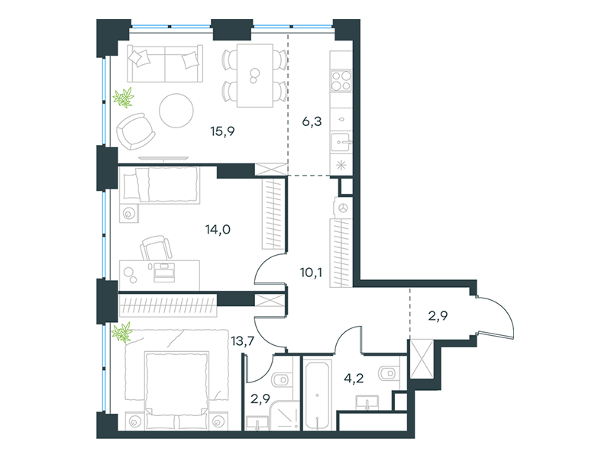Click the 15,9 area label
(222, 131)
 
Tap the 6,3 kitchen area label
(312, 121)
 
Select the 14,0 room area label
(218, 230)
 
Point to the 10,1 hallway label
(311, 273)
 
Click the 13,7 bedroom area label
(242, 341)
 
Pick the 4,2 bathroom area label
(354, 378)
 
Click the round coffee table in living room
(176, 111)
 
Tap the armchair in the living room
(136, 131)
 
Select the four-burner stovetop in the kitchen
(341, 81)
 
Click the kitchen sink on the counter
(341, 142)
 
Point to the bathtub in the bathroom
(318, 395)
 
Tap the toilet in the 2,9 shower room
(283, 379)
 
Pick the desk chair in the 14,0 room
(156, 247)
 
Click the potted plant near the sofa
(124, 98)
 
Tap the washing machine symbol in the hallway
(343, 208)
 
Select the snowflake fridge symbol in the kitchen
(341, 165)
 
